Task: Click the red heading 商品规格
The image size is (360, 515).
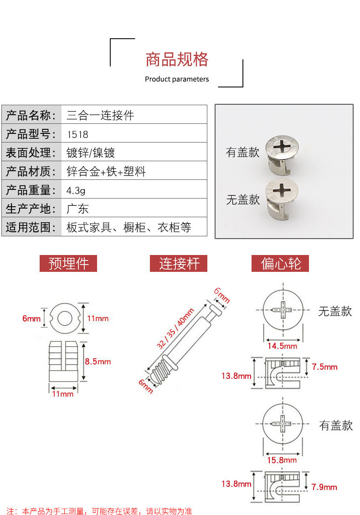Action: point(177,60)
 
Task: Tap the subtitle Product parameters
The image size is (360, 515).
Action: point(177,79)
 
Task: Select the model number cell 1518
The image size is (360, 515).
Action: point(77,134)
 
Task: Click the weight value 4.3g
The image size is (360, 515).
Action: point(77,190)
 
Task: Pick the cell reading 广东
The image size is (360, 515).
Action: point(77,209)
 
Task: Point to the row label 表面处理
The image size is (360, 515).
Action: point(31,153)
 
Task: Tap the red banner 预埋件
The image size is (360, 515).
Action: point(68,264)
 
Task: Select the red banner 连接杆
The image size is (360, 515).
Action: point(179,264)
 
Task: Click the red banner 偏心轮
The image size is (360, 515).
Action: point(280,264)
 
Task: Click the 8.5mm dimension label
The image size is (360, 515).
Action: point(98,362)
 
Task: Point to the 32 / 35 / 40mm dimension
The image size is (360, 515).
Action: point(175,328)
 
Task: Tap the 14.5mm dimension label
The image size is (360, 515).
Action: point(282,346)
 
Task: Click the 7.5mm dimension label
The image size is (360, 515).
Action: point(324,367)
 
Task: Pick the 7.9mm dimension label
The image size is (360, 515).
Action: point(324,487)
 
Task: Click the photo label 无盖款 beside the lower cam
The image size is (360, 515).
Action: point(243,199)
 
